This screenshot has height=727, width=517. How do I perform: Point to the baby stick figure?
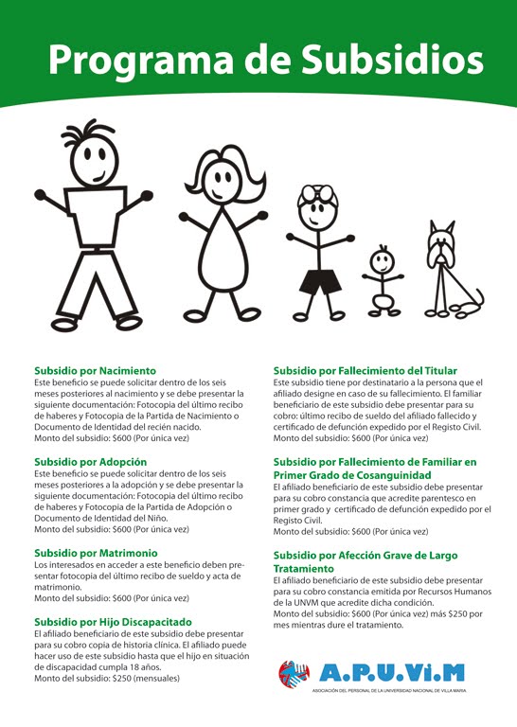point(381,280)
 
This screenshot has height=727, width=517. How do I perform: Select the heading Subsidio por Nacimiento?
point(96,370)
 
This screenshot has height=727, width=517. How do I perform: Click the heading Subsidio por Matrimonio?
point(96,552)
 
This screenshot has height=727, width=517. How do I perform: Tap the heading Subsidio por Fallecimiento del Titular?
point(365,370)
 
